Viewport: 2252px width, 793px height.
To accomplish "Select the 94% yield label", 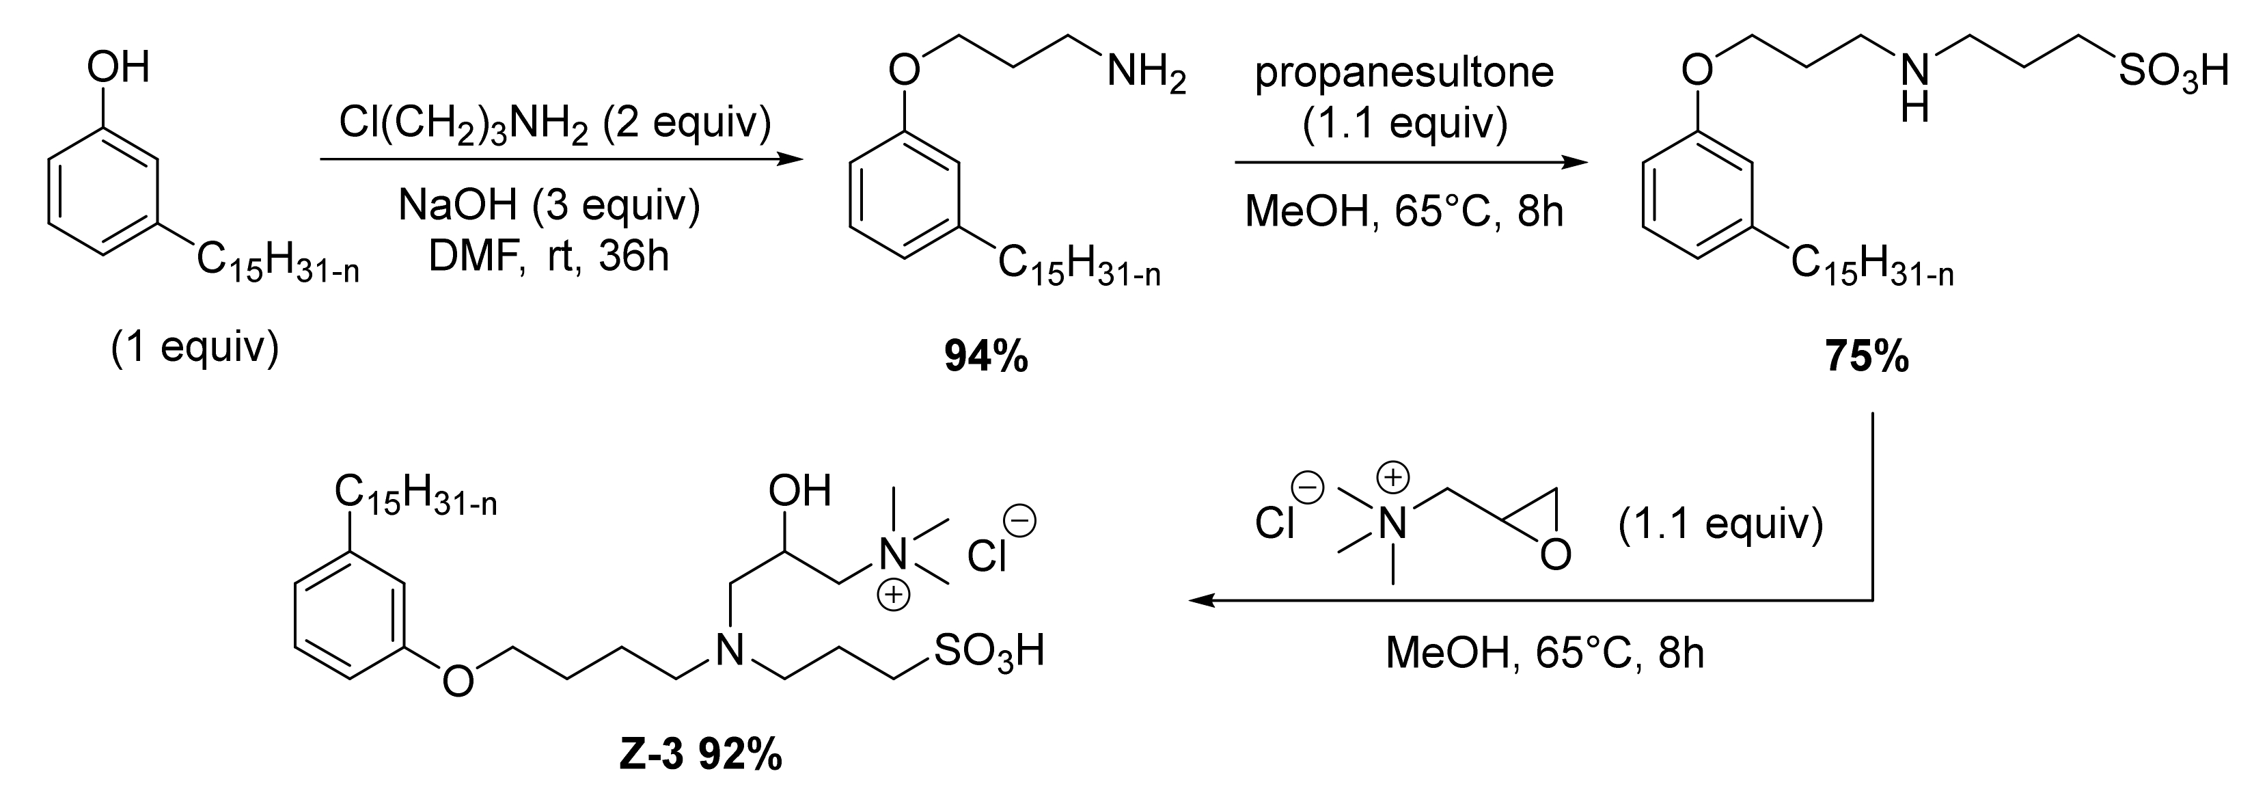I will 986,358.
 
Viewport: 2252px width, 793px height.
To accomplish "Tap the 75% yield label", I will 1867,358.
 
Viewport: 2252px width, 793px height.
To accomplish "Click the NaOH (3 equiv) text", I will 549,206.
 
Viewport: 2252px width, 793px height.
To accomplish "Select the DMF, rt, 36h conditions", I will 549,256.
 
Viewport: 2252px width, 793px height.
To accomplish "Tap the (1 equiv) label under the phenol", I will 195,347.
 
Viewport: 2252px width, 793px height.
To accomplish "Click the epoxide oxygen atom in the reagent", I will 1555,554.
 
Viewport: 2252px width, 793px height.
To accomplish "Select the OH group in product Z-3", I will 799,492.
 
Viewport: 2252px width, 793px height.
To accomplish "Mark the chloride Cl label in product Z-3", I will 989,556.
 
